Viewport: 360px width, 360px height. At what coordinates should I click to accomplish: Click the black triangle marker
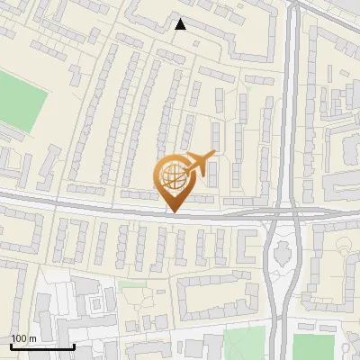point(181,25)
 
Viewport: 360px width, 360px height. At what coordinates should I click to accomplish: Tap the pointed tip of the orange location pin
point(174,211)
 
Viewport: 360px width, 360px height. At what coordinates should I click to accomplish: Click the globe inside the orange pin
point(174,175)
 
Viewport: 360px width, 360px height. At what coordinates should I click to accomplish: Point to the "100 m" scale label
point(23,338)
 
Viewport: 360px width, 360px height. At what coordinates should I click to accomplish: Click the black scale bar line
point(42,346)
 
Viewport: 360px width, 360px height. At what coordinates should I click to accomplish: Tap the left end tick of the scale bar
point(12,344)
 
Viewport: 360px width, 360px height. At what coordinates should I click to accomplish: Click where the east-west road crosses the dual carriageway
point(284,214)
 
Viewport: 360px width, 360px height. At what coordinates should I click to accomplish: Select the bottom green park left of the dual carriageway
point(245,343)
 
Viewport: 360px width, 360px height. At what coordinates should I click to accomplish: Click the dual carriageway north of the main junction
point(287,108)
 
